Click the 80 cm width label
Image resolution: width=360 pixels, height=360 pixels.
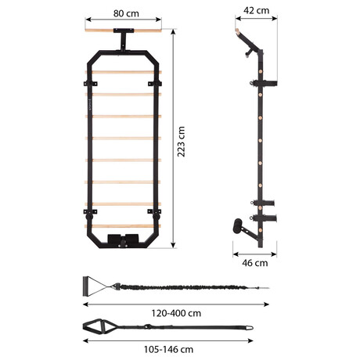(126, 13)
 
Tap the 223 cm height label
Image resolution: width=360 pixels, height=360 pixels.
(181, 142)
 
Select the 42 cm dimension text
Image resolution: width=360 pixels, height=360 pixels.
(256, 10)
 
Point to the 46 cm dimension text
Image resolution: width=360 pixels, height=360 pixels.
(255, 263)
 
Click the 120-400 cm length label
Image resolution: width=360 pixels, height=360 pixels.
(176, 313)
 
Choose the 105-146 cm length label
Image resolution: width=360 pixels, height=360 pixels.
(169, 349)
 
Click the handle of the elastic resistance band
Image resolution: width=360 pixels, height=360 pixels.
(85, 286)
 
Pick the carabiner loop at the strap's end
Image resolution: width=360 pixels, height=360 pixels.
(249, 327)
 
